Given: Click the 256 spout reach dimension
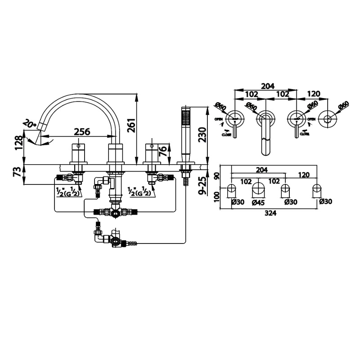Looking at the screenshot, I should pos(82,132).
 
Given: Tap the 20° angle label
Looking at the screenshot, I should pos(30,123).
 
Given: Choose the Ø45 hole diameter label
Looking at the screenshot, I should pos(258,202).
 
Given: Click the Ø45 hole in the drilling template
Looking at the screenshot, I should pos(258,189).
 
